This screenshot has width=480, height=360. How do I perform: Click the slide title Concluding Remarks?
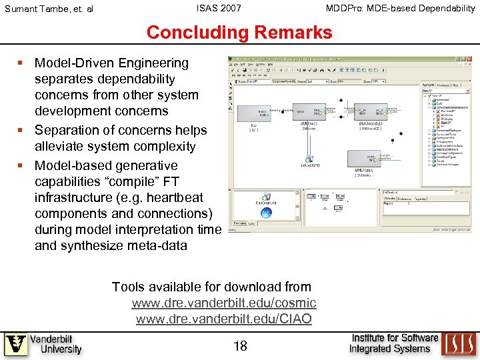[x=239, y=32]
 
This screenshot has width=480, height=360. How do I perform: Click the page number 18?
[x=241, y=346]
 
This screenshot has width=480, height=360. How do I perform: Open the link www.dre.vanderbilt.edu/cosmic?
[x=223, y=303]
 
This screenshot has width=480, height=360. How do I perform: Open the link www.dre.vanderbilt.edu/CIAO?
[x=223, y=319]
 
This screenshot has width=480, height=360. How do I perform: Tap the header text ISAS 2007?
[x=219, y=8]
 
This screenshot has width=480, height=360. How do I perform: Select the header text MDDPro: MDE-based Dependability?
[x=400, y=8]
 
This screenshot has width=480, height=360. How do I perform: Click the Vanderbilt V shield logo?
[x=16, y=345]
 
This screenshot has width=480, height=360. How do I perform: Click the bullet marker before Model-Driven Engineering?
[x=22, y=63]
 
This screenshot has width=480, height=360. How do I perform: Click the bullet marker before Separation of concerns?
[x=22, y=131]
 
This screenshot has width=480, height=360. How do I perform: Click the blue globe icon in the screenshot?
[x=266, y=213]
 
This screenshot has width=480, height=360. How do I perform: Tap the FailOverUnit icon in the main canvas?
[x=310, y=157]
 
